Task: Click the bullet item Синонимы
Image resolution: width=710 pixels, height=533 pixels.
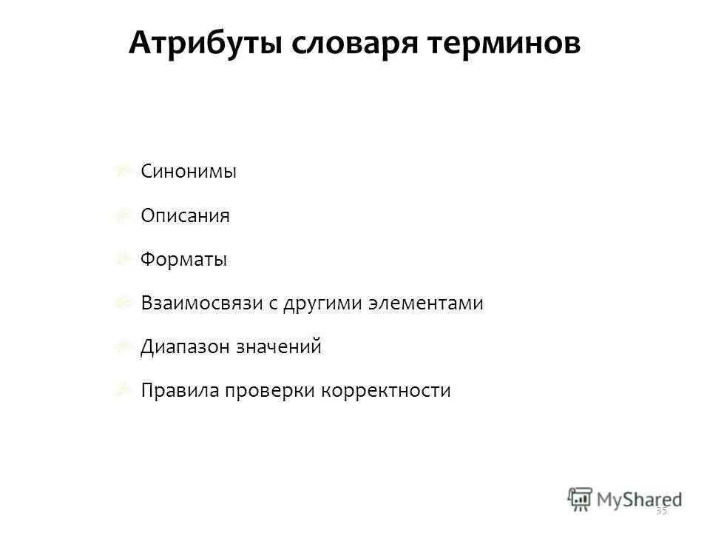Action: [189, 172]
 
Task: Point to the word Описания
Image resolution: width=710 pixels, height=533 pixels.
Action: [185, 215]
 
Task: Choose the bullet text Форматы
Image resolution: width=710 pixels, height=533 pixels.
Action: [183, 260]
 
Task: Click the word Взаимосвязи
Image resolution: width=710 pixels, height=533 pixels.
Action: [200, 304]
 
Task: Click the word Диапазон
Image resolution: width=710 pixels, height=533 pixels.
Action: [184, 347]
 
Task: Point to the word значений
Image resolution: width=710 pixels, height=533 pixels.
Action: [279, 347]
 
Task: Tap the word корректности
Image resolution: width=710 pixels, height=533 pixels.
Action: [386, 391]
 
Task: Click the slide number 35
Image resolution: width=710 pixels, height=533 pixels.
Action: [661, 511]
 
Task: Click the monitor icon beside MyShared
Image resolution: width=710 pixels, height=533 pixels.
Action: [581, 497]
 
